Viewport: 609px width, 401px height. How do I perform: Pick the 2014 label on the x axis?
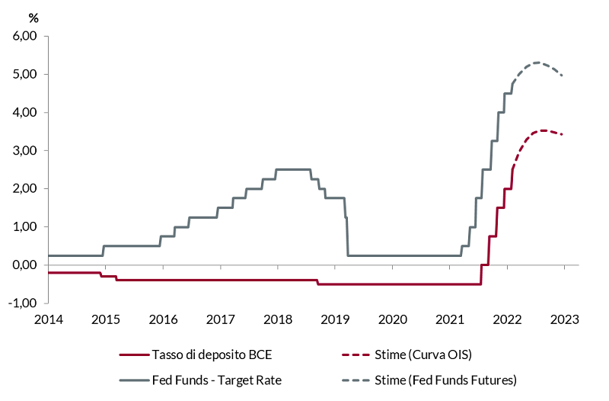tap(47, 319)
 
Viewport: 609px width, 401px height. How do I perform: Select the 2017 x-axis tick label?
tap(220, 319)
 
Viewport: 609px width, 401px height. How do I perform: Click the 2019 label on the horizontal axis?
tap(335, 319)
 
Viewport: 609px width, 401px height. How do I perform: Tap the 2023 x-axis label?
tap(565, 319)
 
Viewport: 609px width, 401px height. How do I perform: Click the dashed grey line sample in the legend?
tap(355, 380)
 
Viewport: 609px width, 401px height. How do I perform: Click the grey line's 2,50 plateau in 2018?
tap(293, 169)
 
